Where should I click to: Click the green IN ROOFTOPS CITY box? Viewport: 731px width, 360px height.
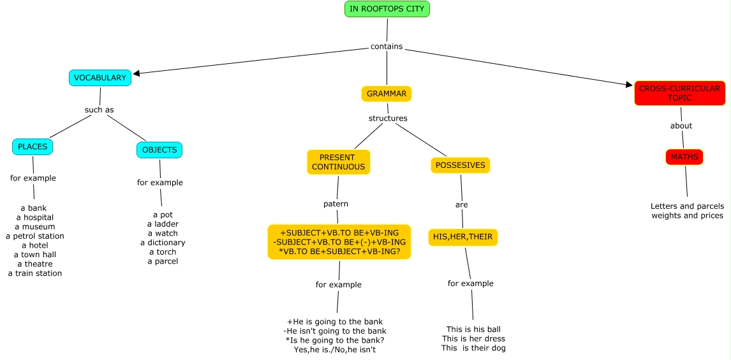click(387, 9)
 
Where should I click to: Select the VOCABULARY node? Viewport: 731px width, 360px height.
click(100, 78)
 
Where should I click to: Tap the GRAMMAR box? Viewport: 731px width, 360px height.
click(387, 94)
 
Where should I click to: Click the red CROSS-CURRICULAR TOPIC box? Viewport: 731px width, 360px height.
click(679, 93)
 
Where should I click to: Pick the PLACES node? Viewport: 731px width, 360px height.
click(33, 147)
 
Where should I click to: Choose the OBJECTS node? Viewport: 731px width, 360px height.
click(159, 150)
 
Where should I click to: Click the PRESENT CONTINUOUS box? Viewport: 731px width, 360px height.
click(338, 162)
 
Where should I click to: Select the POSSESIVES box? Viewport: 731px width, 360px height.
click(460, 165)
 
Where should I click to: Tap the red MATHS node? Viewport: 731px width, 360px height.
click(684, 157)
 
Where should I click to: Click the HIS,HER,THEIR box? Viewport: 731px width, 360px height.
click(462, 237)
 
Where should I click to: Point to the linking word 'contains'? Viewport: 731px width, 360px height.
click(387, 47)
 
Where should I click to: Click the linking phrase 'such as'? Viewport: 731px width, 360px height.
click(99, 110)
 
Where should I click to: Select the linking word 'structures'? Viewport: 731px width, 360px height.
click(388, 118)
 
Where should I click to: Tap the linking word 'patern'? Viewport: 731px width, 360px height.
click(336, 204)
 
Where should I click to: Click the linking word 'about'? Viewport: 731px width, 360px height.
click(681, 126)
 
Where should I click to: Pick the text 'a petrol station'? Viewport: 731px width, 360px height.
click(35, 236)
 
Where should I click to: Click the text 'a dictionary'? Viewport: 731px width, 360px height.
click(163, 243)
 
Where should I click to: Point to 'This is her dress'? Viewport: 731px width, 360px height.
click(473, 339)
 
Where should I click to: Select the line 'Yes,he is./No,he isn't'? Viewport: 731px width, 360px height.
click(335, 350)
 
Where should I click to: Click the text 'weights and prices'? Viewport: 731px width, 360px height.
click(687, 216)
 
